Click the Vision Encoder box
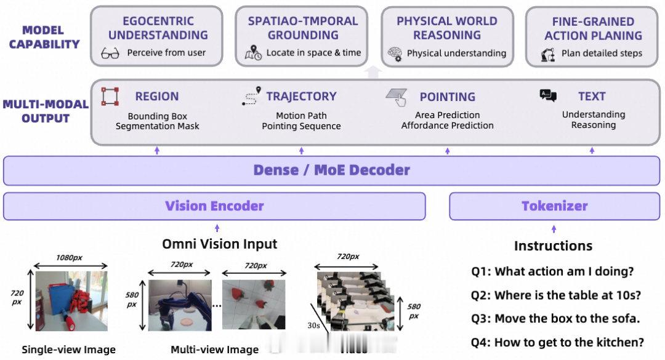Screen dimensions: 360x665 click(x=214, y=206)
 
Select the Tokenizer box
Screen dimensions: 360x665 click(x=555, y=206)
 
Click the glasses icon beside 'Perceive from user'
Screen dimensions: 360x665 click(x=110, y=54)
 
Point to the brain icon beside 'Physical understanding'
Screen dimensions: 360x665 click(x=395, y=54)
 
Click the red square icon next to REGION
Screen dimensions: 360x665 click(x=110, y=97)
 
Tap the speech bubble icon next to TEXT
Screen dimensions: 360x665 click(x=547, y=95)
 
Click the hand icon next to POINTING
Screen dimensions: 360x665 click(x=397, y=96)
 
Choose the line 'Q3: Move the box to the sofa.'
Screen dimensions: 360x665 click(x=555, y=319)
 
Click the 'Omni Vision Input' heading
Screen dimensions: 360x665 click(x=219, y=244)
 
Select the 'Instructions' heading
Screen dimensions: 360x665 click(x=553, y=246)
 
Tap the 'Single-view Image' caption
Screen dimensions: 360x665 click(x=68, y=350)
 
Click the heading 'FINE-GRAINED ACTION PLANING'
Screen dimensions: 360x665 click(x=593, y=28)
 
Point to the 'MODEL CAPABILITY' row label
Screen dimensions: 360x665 click(x=44, y=37)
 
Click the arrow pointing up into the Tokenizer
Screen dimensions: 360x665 click(x=554, y=228)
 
